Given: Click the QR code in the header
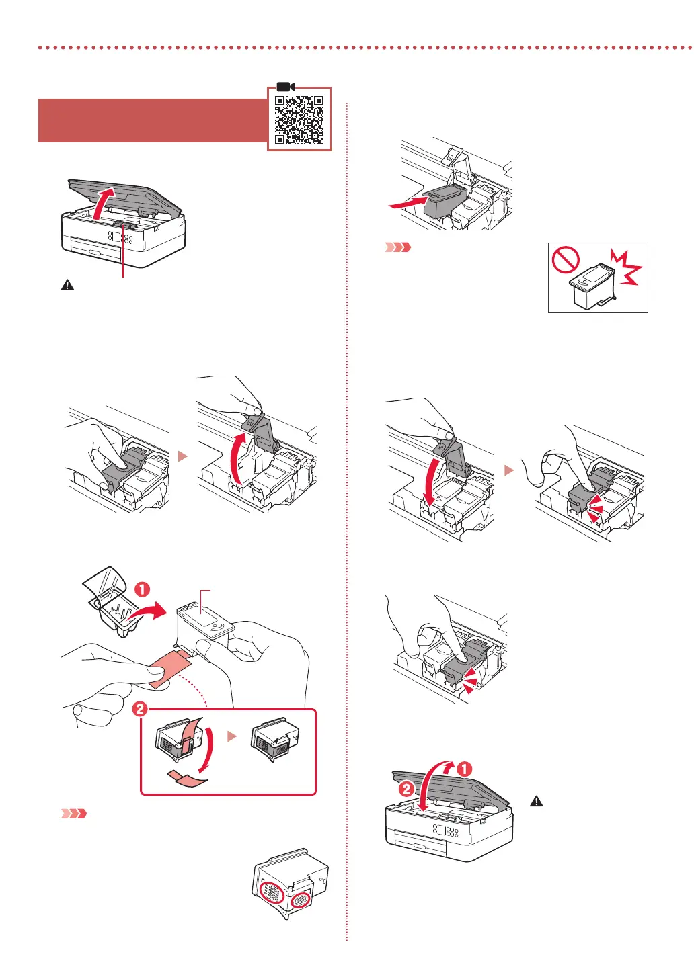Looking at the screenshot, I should [299, 120].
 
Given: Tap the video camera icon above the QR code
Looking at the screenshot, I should [286, 87].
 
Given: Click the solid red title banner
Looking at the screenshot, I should [153, 121].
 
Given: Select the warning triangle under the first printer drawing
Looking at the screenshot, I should [68, 285].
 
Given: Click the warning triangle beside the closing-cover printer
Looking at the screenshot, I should [536, 801].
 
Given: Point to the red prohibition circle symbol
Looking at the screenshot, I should [566, 259].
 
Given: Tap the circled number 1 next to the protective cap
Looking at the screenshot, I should [143, 589].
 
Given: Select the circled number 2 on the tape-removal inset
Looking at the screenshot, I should [140, 709].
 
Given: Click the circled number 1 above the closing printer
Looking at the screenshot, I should [465, 769].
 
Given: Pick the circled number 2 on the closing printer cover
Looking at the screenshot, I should [407, 789].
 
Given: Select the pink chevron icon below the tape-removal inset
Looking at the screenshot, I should [75, 814].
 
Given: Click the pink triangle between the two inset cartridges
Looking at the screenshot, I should [232, 736].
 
